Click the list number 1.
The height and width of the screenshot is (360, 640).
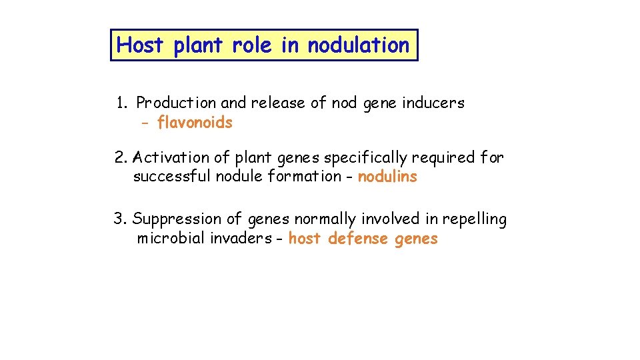121,103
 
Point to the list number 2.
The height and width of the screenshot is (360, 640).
121,158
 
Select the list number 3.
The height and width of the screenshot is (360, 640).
119,219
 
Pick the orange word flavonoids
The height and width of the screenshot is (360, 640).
195,123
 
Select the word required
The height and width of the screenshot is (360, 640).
439,158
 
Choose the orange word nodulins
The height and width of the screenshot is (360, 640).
387,177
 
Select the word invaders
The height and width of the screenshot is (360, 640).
243,239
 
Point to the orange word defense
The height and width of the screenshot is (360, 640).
358,239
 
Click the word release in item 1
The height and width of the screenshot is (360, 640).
278,103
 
